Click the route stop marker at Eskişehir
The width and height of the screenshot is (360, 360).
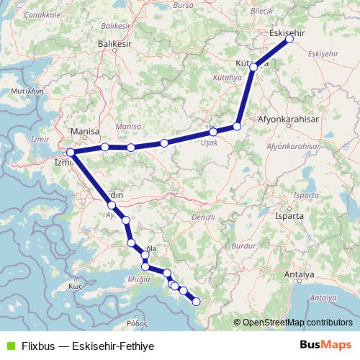tap(289, 40)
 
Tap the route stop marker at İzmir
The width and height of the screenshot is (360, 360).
tap(70, 153)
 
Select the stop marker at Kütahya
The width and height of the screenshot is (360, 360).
tap(253, 66)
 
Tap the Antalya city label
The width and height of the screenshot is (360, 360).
tap(299, 275)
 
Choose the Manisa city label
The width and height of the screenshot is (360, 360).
tap(84, 132)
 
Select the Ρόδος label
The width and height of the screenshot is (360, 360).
tap(135, 325)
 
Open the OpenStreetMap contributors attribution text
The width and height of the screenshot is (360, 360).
tap(297, 322)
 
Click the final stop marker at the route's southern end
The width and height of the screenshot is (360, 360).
tap(196, 303)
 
